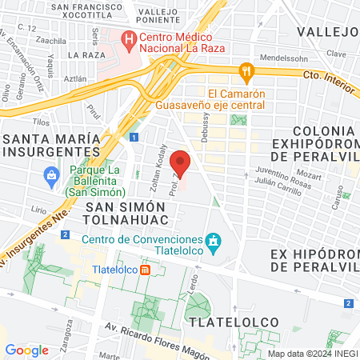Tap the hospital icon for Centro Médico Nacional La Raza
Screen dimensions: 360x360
(129, 38)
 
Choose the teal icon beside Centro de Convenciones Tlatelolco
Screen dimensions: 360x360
(213, 240)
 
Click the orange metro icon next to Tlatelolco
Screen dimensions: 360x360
(146, 270)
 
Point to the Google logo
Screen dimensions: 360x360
(26, 350)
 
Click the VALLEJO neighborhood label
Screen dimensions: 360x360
(326, 31)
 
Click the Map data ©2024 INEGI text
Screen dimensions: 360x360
(312, 353)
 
